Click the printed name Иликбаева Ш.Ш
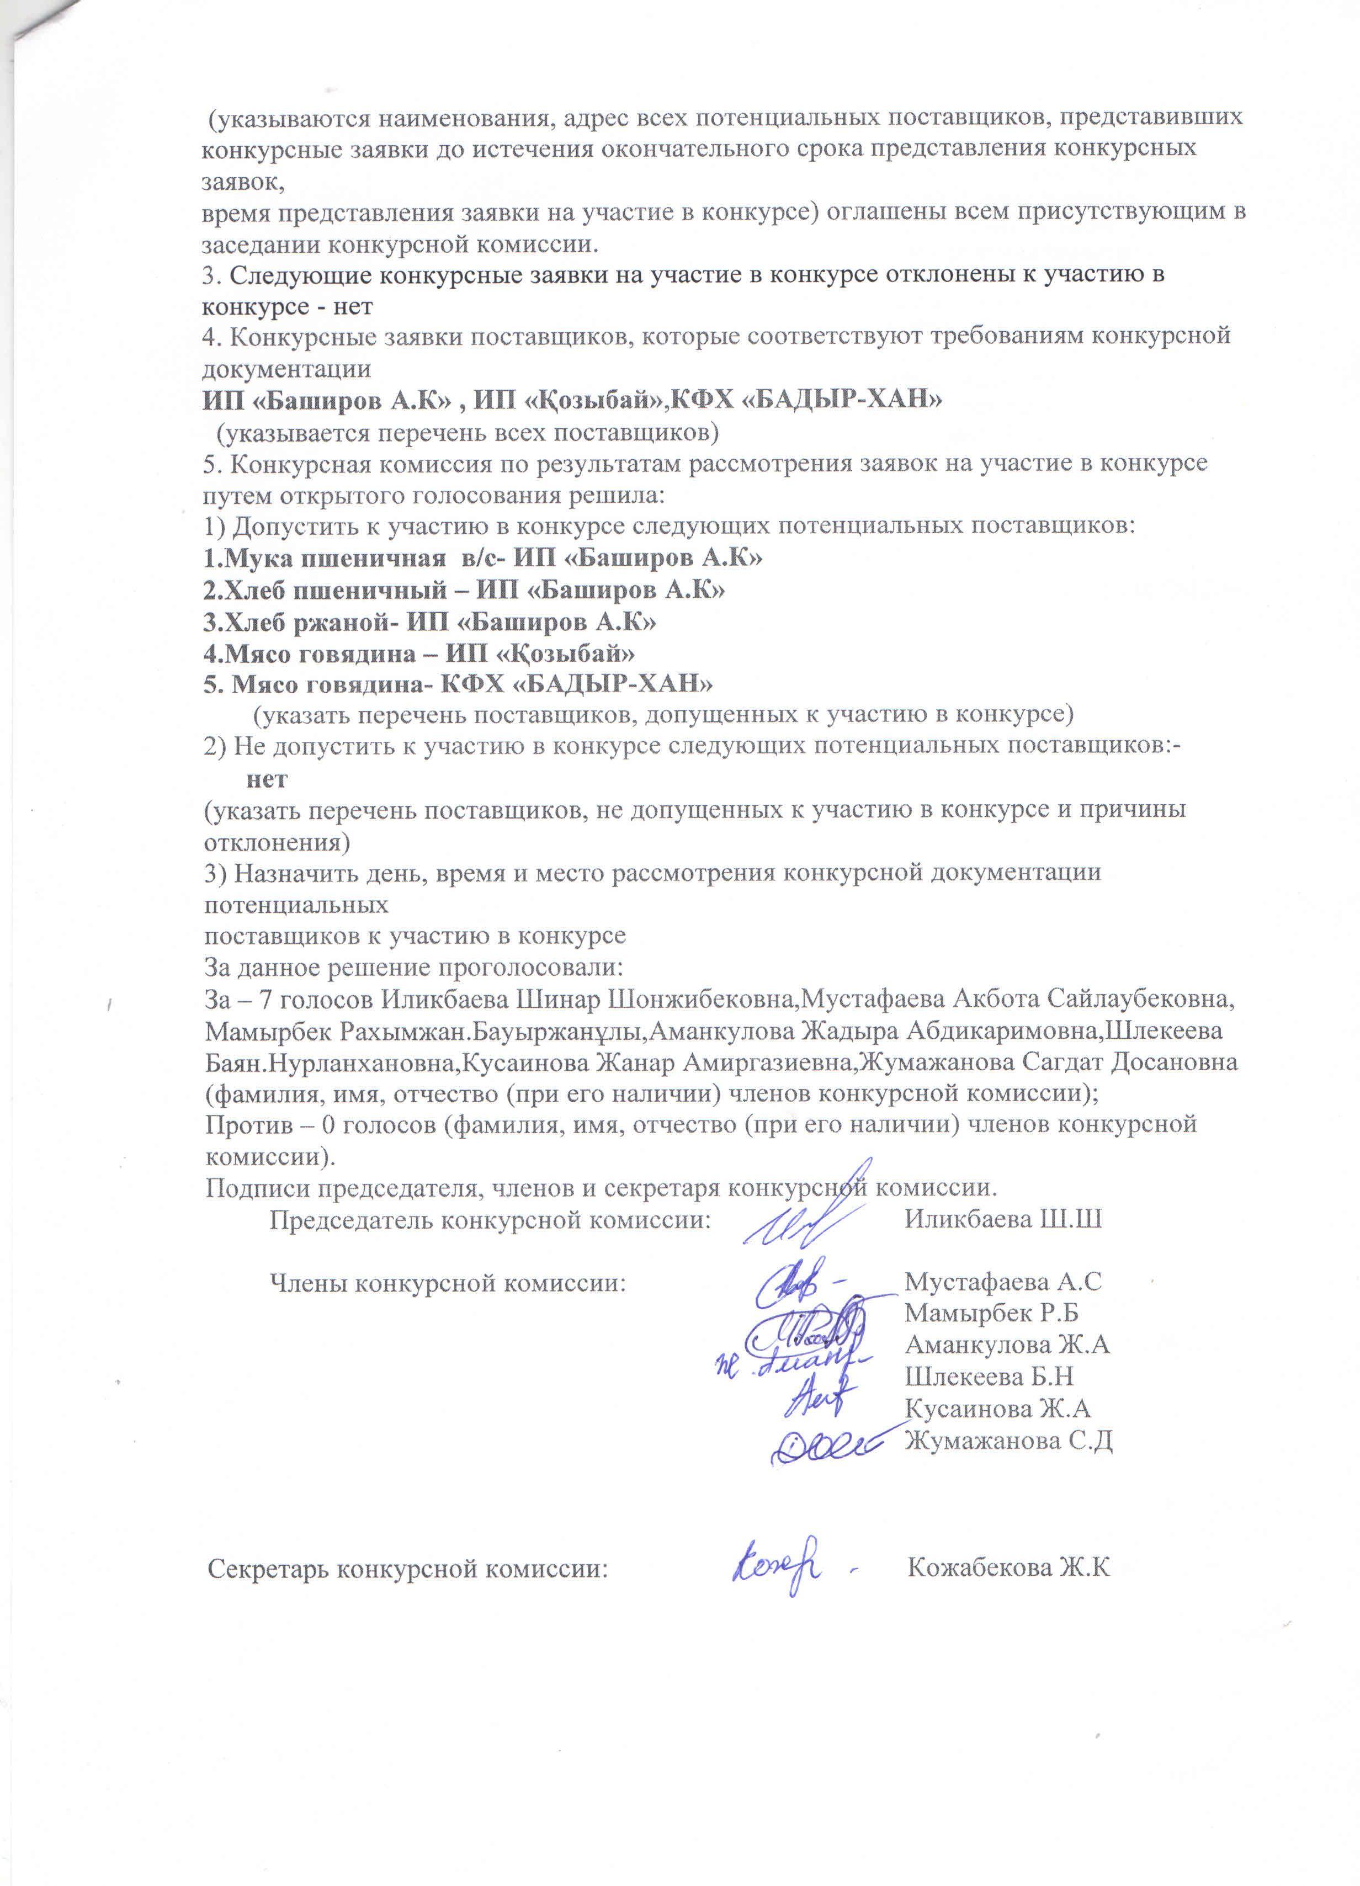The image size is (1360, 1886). [1003, 1220]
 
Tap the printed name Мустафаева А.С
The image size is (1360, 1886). [1002, 1282]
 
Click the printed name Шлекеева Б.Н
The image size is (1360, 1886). [989, 1376]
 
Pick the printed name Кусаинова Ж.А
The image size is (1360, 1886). [997, 1408]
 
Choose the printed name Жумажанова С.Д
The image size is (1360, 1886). [1008, 1439]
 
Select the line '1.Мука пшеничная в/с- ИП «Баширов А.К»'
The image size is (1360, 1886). [482, 558]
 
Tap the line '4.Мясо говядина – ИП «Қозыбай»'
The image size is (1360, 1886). [419, 653]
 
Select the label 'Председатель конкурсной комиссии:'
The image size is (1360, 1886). [491, 1220]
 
